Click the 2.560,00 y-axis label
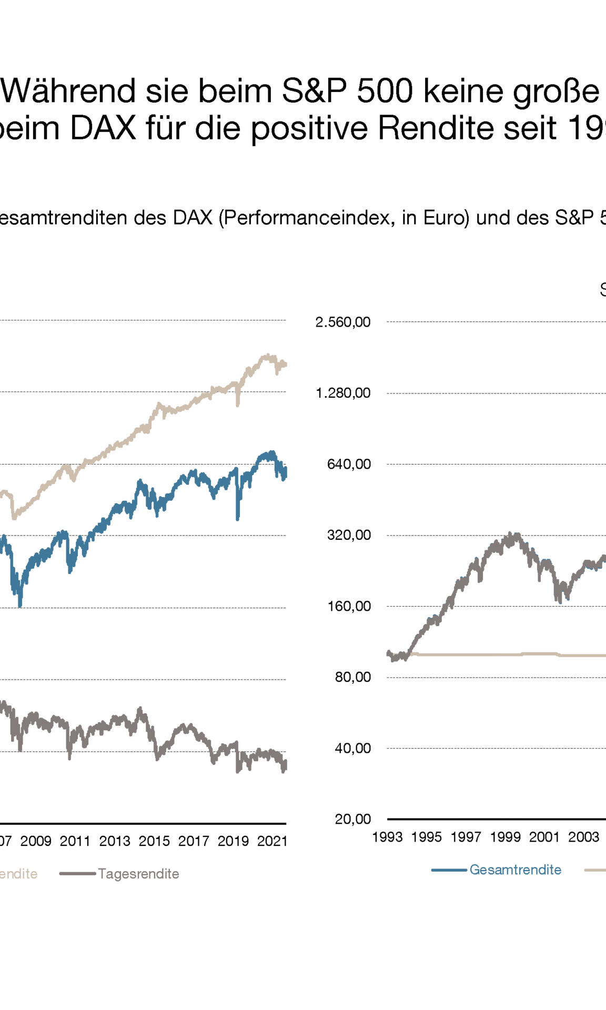click(343, 322)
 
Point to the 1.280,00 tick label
click(343, 393)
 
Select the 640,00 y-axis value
click(349, 464)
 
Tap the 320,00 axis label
click(349, 535)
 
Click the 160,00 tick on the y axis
click(349, 606)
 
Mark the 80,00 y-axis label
click(352, 677)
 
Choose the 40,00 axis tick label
click(352, 748)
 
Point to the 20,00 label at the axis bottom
click(352, 819)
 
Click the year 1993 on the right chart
click(387, 837)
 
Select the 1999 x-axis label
click(505, 837)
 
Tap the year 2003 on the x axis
click(583, 837)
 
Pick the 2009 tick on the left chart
click(36, 841)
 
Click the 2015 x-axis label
click(154, 841)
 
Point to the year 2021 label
click(272, 841)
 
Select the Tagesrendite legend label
click(138, 874)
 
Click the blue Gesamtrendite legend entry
click(515, 870)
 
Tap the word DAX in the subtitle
click(192, 217)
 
